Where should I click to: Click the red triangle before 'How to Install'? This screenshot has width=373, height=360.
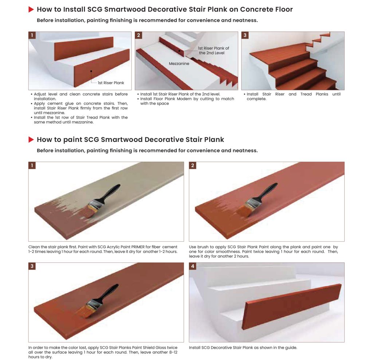(31, 9)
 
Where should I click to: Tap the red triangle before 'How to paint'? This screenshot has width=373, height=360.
(31, 140)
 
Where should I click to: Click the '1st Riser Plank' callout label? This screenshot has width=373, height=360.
(111, 83)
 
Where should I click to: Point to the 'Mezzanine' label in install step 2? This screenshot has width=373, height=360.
(179, 63)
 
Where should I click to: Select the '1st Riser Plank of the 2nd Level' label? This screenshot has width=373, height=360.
(213, 50)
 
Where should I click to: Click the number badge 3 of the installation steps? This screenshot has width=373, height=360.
(245, 35)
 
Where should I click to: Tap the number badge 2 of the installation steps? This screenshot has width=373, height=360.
(138, 35)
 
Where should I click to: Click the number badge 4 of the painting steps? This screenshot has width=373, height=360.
(193, 266)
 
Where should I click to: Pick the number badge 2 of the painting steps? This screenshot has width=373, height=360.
(193, 165)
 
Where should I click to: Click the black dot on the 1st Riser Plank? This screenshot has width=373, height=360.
(91, 71)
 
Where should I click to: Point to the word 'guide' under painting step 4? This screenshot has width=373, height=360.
(291, 348)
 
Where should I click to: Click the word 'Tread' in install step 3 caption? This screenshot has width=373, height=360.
(306, 94)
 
